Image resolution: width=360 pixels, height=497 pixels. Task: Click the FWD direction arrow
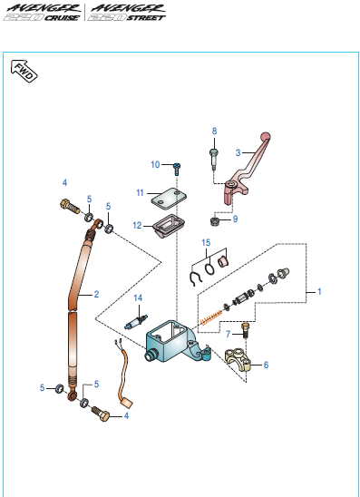click(x=24, y=71)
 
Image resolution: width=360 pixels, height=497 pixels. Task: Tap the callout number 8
click(x=215, y=131)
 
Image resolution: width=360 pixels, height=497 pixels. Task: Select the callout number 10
click(x=155, y=164)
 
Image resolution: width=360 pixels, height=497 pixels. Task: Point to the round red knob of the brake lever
click(x=266, y=137)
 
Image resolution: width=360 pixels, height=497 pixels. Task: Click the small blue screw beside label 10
click(x=177, y=169)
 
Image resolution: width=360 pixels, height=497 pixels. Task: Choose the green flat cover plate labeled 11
click(x=169, y=199)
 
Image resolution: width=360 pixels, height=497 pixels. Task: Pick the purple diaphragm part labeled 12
click(x=169, y=225)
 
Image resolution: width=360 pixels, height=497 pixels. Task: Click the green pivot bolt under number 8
click(x=214, y=159)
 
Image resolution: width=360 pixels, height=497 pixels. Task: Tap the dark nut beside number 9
click(x=215, y=221)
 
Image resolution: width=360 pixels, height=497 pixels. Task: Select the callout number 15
click(x=206, y=242)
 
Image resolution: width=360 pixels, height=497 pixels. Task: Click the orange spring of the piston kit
click(x=211, y=317)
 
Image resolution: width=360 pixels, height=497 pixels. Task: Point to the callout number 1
click(x=319, y=291)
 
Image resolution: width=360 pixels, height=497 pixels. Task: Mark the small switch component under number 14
click(x=136, y=322)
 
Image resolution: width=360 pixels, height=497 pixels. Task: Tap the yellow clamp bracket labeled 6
click(x=238, y=360)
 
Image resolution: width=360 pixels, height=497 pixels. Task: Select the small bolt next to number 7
click(x=245, y=330)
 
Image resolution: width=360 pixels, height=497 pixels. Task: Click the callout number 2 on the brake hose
click(x=96, y=294)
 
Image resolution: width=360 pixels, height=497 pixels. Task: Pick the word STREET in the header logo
click(x=146, y=18)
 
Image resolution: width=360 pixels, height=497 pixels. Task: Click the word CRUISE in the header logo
click(x=62, y=18)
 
